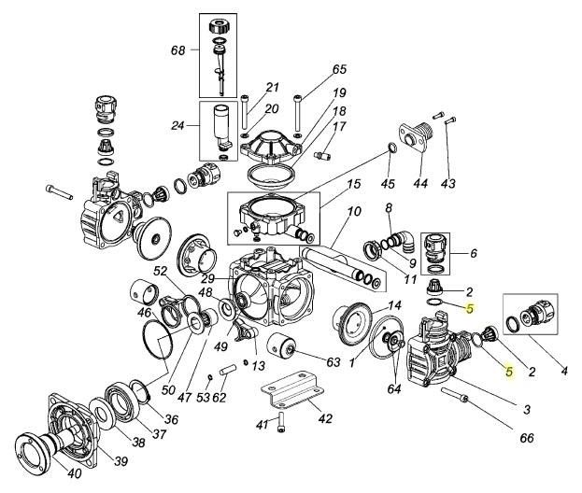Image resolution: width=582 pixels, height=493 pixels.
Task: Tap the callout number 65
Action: point(339,69)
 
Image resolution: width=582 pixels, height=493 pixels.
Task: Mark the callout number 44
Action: point(419,184)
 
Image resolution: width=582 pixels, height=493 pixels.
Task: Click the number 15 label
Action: point(354,186)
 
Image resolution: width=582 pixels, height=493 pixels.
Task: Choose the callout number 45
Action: point(388,183)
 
